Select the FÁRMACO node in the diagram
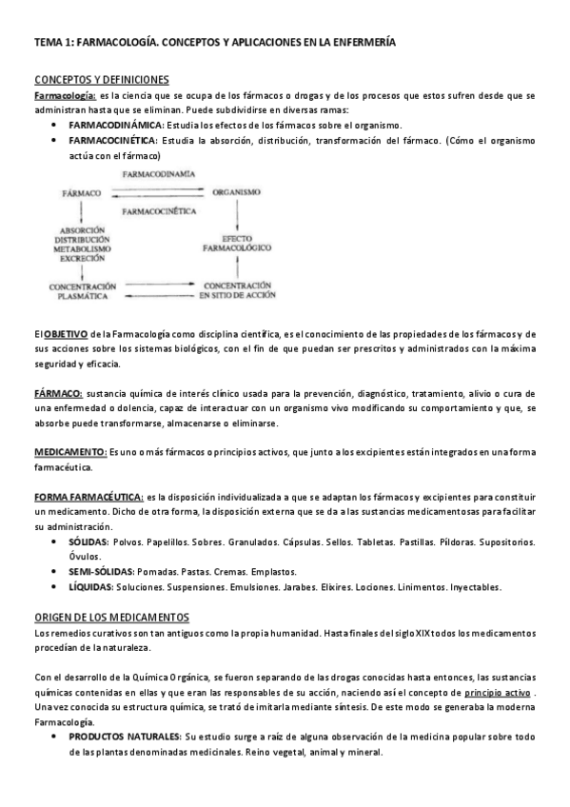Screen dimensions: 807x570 (82, 191)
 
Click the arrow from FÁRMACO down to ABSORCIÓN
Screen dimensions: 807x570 (82, 210)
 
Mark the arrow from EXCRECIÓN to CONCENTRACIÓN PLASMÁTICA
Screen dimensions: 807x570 (82, 270)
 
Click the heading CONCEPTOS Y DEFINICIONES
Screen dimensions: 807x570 (102, 79)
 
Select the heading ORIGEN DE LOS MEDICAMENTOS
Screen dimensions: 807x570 (111, 617)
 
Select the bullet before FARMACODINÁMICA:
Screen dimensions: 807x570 (60, 125)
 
